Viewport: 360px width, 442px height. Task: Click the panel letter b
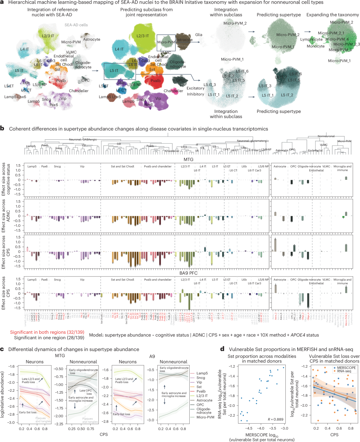coord(2,128)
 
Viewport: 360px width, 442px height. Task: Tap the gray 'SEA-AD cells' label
coord(76,25)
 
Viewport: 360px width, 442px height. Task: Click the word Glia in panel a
coord(199,35)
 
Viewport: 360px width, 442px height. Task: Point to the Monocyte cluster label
coord(315,46)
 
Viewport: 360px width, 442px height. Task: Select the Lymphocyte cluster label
coord(311,39)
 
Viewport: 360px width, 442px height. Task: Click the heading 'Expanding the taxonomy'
coord(332,15)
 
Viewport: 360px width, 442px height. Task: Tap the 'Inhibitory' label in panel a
coord(195,94)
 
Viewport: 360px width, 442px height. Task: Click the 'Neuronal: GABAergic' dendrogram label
coord(83,140)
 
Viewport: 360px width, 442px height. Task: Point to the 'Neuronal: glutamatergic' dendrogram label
coord(253,141)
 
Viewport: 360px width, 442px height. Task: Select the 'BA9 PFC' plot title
coord(188,273)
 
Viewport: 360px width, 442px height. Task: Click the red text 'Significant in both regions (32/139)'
coord(47,332)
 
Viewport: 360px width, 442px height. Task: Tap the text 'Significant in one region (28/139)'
coord(49,337)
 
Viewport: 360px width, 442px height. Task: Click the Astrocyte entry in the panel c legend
coord(204,400)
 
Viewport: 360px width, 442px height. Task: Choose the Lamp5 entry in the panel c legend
coord(202,373)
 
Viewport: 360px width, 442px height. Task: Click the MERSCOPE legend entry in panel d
coord(346,368)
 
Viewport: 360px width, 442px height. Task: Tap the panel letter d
coord(222,349)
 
